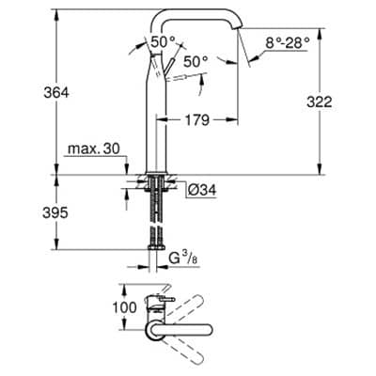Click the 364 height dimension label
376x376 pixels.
56,92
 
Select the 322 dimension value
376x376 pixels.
320,102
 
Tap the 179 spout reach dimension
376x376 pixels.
196,119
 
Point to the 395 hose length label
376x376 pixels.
55,213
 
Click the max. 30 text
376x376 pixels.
94,149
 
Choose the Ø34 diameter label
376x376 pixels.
202,190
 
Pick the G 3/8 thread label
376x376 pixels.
183,258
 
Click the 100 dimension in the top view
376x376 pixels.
124,307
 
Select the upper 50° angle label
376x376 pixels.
163,41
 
